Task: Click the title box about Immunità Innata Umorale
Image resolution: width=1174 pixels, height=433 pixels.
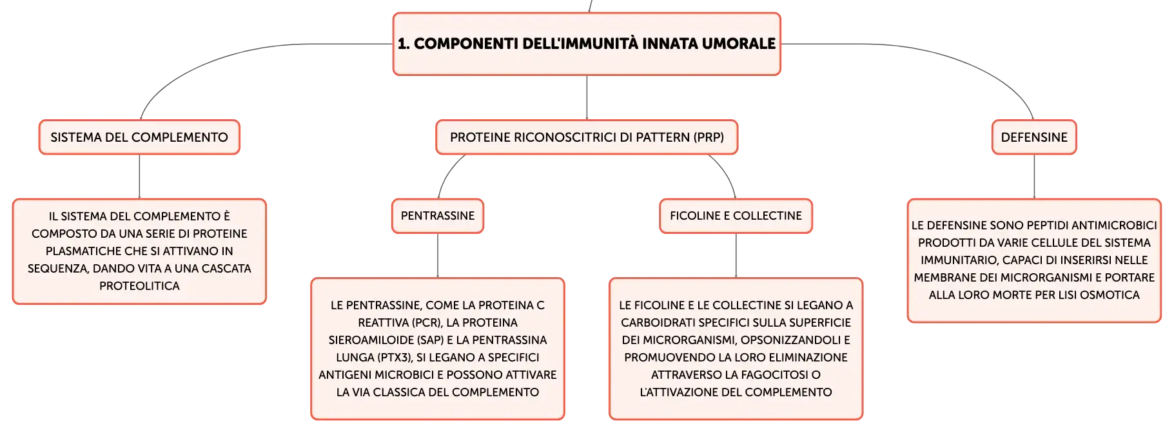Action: click(x=587, y=44)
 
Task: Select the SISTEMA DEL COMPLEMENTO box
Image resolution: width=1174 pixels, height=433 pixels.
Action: click(x=139, y=137)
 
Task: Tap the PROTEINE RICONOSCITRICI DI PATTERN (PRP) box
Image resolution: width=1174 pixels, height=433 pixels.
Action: click(x=587, y=137)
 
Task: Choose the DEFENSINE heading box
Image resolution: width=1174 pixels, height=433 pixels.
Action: click(x=1034, y=137)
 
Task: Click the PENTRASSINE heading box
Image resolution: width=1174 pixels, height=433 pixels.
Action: click(x=438, y=216)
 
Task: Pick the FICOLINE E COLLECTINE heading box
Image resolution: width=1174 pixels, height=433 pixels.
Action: click(x=736, y=216)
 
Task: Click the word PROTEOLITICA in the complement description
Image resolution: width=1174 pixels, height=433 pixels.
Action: click(x=139, y=286)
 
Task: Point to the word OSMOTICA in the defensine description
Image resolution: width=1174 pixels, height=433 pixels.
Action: click(x=1110, y=295)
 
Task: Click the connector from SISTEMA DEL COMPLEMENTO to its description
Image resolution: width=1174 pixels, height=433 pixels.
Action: click(x=139, y=177)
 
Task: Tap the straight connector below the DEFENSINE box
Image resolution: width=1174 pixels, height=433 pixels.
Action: click(x=1034, y=177)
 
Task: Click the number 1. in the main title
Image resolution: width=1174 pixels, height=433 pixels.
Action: click(x=404, y=44)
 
